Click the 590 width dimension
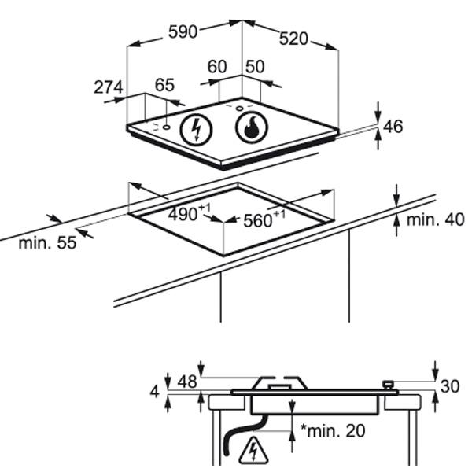[183, 32]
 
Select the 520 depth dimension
[293, 39]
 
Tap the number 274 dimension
[109, 87]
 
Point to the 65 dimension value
[164, 85]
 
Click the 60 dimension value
[217, 67]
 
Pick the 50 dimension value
[255, 67]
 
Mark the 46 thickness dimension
[393, 127]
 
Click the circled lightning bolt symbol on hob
[196, 130]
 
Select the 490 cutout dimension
[190, 213]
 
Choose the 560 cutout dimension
[264, 219]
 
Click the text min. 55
[47, 242]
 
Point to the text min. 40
[435, 219]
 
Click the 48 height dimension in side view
[187, 382]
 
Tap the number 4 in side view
[154, 392]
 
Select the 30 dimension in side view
[450, 386]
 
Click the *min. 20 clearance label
[333, 431]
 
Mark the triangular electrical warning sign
[253, 452]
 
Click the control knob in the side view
[388, 385]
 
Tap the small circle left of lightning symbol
[166, 127]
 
